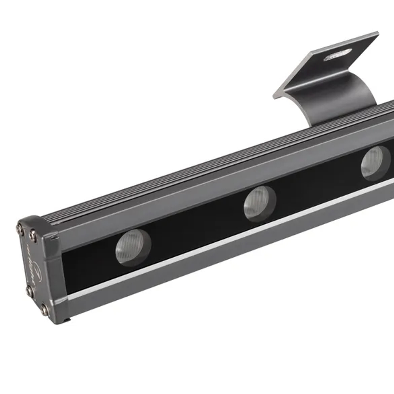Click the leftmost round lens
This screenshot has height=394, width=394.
pos(133,247)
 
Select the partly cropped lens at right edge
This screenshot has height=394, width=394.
pos(375,163)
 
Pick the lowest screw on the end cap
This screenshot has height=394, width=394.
pos(44,310)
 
